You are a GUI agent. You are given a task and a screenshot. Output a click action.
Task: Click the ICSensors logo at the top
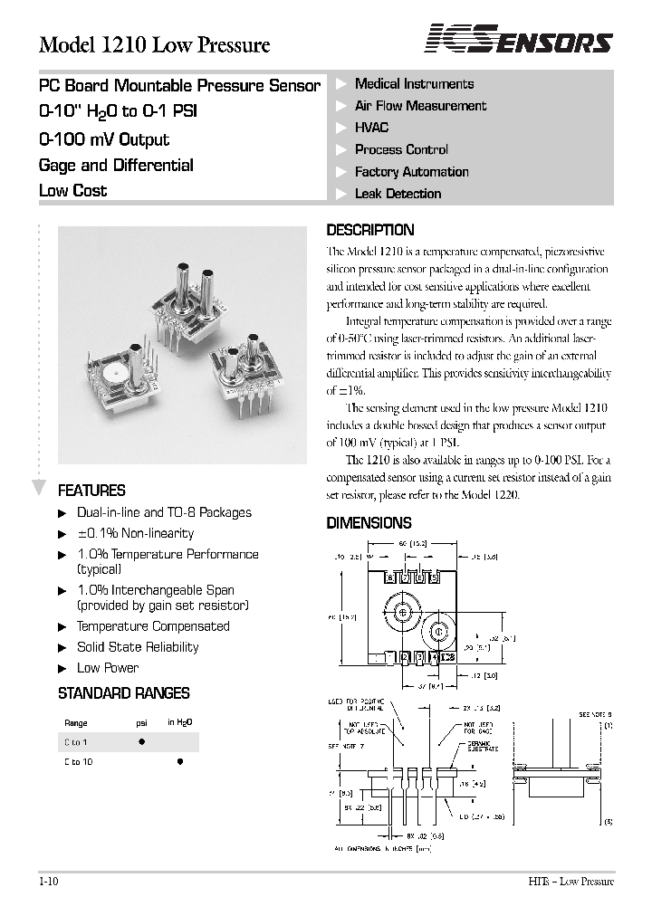[x=519, y=41]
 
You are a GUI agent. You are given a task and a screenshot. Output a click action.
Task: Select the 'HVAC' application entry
[x=371, y=128]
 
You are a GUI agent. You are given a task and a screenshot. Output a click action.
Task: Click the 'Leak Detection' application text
[x=398, y=194]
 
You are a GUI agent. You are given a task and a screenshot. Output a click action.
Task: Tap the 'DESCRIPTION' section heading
[x=369, y=230]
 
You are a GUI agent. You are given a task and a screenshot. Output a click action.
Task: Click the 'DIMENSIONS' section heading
[x=369, y=522]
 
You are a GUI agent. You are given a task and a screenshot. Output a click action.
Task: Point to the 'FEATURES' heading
[x=91, y=491]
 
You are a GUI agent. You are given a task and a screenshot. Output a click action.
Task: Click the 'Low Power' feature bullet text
[x=108, y=668]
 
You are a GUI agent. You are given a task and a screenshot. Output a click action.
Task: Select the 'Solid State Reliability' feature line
[x=138, y=647]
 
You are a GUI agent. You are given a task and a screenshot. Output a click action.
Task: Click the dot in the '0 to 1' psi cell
[x=141, y=741]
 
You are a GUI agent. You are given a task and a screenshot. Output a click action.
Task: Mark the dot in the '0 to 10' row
[x=179, y=762]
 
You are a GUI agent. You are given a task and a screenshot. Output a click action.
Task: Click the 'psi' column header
[x=141, y=722]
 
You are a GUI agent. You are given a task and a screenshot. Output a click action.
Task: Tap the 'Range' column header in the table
[x=76, y=722]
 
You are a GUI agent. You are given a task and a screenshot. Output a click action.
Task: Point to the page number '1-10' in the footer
[x=51, y=881]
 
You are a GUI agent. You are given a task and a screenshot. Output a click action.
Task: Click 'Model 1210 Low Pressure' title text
[x=154, y=44]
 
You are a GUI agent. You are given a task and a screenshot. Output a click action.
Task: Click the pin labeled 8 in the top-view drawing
[x=391, y=577]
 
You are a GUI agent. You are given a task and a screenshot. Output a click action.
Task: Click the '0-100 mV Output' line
[x=104, y=139]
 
